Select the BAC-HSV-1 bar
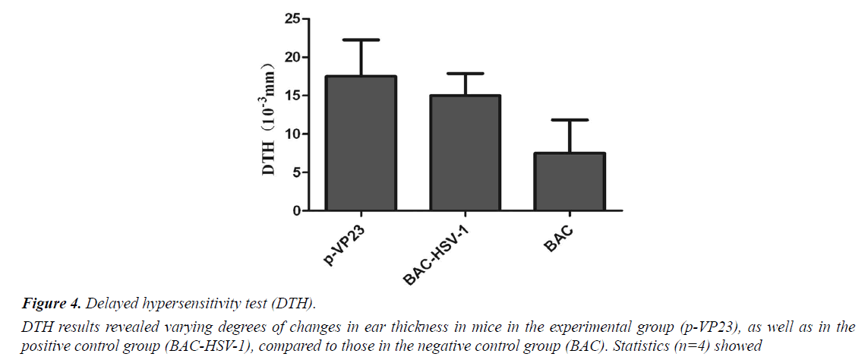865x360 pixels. pyautogui.click(x=465, y=153)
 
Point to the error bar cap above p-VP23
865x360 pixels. pyautogui.click(x=361, y=39)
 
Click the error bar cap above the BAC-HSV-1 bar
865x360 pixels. pyautogui.click(x=465, y=74)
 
